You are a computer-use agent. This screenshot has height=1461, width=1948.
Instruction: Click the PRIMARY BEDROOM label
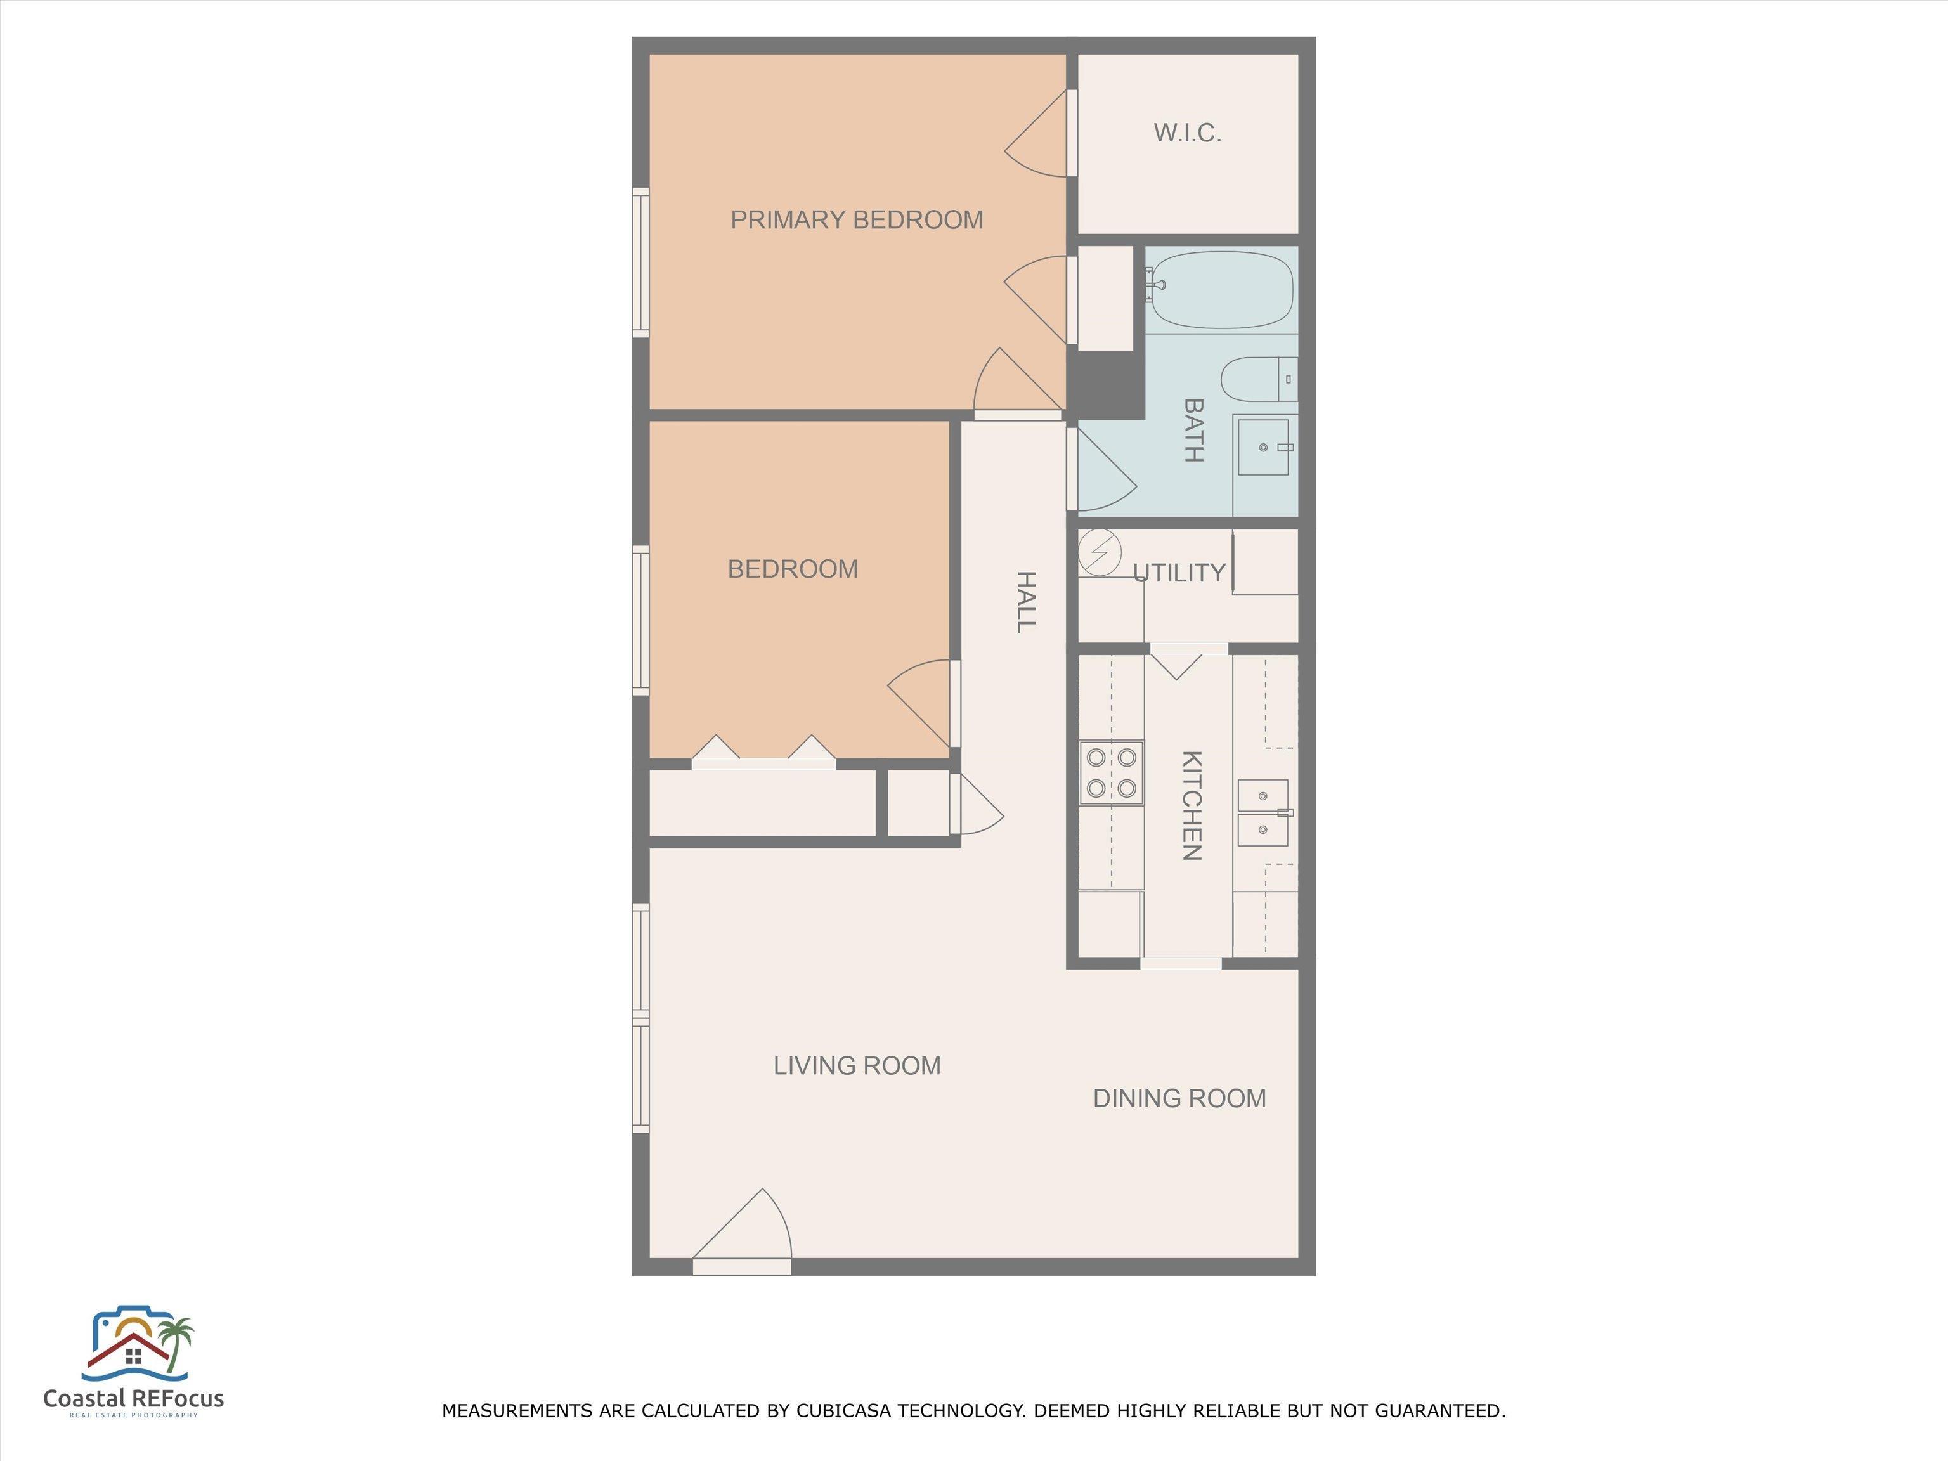(857, 219)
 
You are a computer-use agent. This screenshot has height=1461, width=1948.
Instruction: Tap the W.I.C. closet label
(1187, 133)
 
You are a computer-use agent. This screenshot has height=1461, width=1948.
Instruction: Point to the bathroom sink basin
(1264, 448)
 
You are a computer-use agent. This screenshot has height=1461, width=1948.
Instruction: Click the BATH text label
(1193, 431)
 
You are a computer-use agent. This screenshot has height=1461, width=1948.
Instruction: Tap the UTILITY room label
(1179, 573)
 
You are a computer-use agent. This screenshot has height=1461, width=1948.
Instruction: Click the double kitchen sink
(1264, 813)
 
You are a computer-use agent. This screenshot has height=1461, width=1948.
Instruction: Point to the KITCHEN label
(1192, 805)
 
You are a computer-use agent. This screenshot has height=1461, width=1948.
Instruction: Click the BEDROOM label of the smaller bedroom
(793, 569)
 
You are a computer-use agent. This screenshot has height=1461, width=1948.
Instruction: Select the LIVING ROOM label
(857, 1065)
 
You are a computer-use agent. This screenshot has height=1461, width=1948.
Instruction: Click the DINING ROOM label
(1179, 1098)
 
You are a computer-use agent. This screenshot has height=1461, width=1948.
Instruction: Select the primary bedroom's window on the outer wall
(641, 263)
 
